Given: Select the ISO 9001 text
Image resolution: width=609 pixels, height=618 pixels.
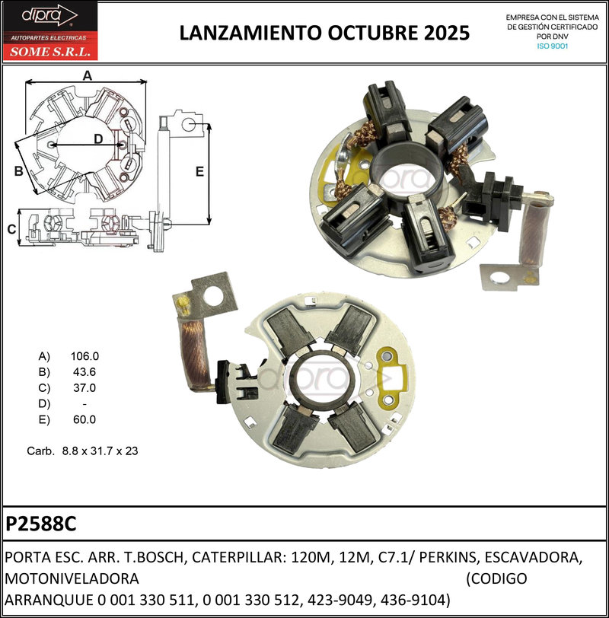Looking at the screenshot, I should pos(553,46).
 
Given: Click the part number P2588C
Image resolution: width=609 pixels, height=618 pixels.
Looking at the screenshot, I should pos(41,525).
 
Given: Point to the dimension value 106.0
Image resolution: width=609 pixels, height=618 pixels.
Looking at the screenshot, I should pos(84,355).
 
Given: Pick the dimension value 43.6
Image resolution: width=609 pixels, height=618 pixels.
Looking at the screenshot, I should pos(83,371).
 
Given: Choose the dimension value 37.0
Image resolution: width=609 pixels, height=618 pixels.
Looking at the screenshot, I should pos(83,387).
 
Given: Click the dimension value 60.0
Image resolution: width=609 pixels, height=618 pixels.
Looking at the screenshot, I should pos(83,419).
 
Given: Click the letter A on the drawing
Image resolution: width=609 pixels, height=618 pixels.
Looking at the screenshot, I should pos(87,75).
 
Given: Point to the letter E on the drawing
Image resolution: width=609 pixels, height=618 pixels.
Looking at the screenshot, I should pos(199,171).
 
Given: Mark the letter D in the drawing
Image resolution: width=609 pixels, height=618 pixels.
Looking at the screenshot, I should pos(98,139).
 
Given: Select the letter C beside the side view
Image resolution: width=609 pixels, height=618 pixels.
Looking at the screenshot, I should pos(11,229).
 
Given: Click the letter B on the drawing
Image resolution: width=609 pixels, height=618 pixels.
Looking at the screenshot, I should pos(18,171).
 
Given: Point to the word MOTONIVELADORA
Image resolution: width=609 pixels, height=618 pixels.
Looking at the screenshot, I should pos(72,578).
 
